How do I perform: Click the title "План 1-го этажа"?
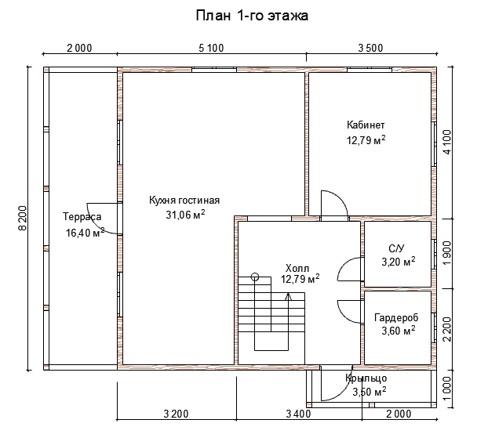click(x=252, y=16)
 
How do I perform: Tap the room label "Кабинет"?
click(x=366, y=125)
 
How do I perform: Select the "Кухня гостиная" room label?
click(x=184, y=201)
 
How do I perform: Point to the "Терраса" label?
click(x=82, y=216)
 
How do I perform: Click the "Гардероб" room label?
click(x=396, y=318)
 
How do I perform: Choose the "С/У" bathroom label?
click(x=397, y=249)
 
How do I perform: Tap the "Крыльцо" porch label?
click(x=366, y=378)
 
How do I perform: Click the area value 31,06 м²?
click(x=185, y=215)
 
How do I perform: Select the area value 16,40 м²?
click(x=86, y=233)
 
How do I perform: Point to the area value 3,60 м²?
click(x=399, y=331)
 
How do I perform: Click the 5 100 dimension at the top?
click(x=211, y=48)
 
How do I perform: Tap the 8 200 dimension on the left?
click(x=23, y=219)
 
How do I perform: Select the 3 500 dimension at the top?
click(x=370, y=48)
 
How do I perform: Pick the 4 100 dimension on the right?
click(x=447, y=142)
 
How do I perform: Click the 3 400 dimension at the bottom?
click(x=298, y=414)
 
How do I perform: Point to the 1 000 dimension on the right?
click(x=447, y=389)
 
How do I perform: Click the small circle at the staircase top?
click(x=255, y=277)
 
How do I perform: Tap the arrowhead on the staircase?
click(x=289, y=296)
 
